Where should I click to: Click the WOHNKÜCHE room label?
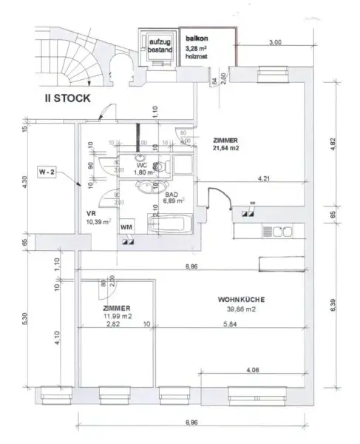tap(241, 300)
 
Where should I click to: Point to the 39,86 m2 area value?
tap(240, 310)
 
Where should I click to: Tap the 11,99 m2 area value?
tap(118, 316)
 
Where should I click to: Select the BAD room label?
tap(172, 194)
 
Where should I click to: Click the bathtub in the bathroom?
tap(170, 224)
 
